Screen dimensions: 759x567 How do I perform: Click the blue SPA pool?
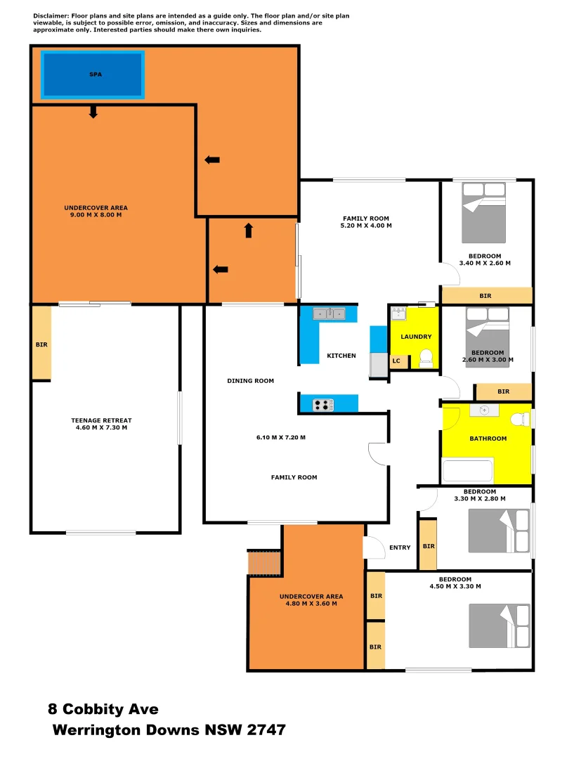[93, 74]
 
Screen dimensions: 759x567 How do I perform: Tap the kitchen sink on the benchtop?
[328, 313]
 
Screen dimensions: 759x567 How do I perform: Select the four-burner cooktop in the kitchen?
[323, 405]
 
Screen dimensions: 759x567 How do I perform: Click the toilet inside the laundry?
[425, 361]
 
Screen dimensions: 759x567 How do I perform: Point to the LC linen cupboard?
[396, 361]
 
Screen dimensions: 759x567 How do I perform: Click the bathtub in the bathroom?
[467, 469]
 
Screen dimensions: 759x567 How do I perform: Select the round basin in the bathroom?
[485, 410]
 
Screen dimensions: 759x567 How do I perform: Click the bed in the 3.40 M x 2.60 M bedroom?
[483, 212]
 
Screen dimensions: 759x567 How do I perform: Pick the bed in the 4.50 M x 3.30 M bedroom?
[500, 625]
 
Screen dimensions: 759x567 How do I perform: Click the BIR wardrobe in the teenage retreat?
[41, 344]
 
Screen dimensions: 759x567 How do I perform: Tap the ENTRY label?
[400, 547]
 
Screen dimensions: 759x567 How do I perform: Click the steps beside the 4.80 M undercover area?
[264, 562]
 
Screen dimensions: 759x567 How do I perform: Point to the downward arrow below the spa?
[93, 112]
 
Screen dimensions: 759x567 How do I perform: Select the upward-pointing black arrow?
[248, 231]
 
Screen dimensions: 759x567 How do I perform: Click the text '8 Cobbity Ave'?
[103, 709]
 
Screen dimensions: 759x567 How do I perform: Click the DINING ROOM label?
[250, 381]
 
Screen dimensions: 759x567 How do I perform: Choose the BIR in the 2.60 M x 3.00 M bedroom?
[503, 391]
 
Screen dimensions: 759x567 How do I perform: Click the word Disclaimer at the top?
[51, 15]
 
